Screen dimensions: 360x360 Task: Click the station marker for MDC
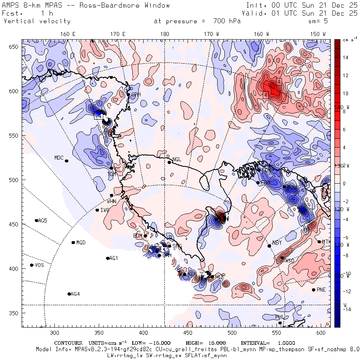pyautogui.click(x=67, y=161)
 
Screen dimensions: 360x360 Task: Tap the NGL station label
pyautogui.click(x=177, y=159)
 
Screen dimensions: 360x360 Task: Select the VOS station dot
pyautogui.click(x=32, y=265)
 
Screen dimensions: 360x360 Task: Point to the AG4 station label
pyautogui.click(x=75, y=294)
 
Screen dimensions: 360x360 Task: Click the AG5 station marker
pyautogui.click(x=36, y=220)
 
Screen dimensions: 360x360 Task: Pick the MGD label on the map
pyautogui.click(x=81, y=243)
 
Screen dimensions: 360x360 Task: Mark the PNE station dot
pyautogui.click(x=314, y=290)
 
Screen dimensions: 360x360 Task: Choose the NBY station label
pyautogui.click(x=277, y=243)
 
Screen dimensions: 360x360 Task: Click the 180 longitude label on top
pyautogui.click(x=164, y=34)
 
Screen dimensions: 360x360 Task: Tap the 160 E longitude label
pyautogui.click(x=68, y=34)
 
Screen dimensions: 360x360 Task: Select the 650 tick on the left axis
pyautogui.click(x=14, y=47)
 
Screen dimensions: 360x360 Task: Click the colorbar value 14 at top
pyautogui.click(x=345, y=58)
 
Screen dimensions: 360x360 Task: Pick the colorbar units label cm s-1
pyautogui.click(x=346, y=40)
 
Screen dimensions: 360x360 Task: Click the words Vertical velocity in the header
pyautogui.click(x=37, y=21)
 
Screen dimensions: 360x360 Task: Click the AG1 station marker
pyautogui.click(x=108, y=258)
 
